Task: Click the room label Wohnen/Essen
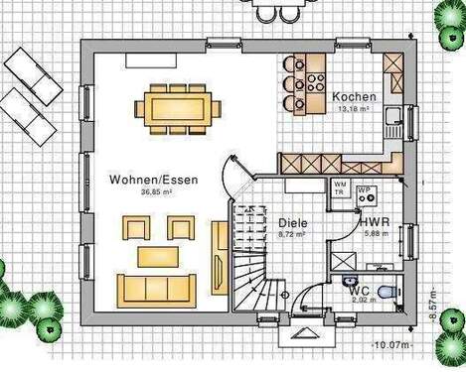click(154, 180)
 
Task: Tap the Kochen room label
click(354, 96)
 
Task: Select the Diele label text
click(291, 223)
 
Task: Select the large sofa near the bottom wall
click(158, 291)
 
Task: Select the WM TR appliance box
click(341, 188)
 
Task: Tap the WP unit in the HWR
click(365, 193)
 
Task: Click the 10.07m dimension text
click(395, 343)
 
